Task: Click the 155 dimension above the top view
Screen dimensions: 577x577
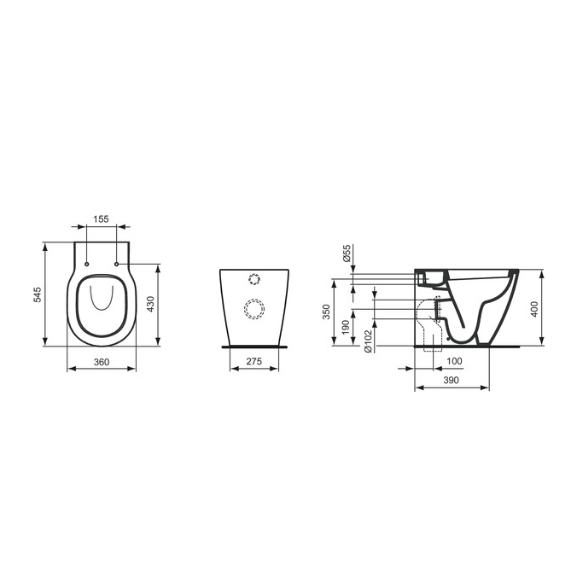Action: point(102,219)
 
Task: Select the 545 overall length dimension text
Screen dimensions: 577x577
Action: point(38,294)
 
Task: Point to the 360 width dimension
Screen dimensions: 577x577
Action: point(102,362)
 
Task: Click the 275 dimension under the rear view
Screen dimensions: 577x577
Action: point(253,362)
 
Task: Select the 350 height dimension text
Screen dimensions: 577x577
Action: point(325,312)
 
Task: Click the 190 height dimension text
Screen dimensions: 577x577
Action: point(345,328)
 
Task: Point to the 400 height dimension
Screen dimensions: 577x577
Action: point(535,308)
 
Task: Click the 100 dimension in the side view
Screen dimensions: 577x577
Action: point(456,362)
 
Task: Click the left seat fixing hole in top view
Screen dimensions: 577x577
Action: point(88,265)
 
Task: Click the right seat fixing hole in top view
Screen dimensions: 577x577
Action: point(115,265)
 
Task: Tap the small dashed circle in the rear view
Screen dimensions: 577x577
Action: point(254,278)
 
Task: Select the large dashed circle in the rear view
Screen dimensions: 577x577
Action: point(254,308)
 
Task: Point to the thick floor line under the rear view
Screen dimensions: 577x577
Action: point(254,347)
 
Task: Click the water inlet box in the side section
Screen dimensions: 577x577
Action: point(429,277)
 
